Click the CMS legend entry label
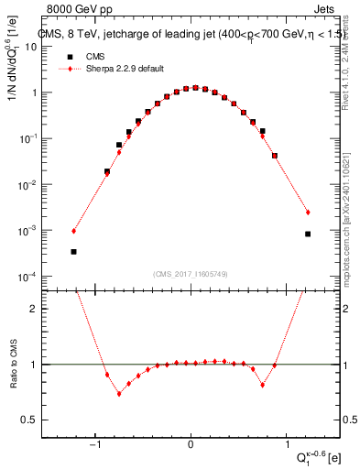[x=93, y=56]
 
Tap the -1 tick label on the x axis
[x=95, y=447]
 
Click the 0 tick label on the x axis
[x=191, y=447]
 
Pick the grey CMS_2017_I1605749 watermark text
[x=191, y=273]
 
